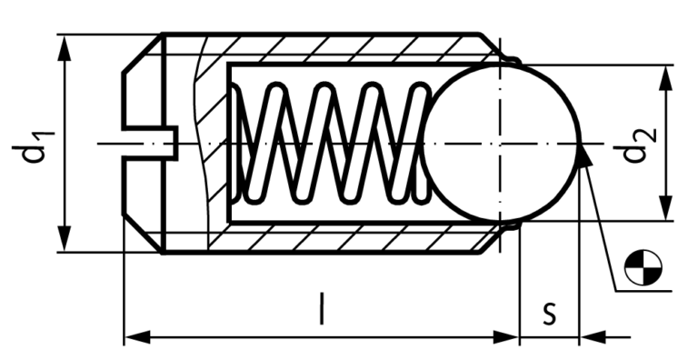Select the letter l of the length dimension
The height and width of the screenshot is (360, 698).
point(322,308)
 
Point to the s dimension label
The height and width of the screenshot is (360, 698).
point(550,313)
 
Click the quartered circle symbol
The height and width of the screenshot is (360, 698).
point(643,267)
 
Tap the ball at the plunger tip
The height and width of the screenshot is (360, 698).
point(502,144)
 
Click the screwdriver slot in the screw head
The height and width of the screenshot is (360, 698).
point(151,143)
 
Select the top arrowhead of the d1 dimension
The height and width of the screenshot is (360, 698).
point(65,47)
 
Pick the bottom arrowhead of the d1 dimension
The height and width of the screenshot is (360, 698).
point(65,239)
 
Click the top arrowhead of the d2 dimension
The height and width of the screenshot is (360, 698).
point(666,78)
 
